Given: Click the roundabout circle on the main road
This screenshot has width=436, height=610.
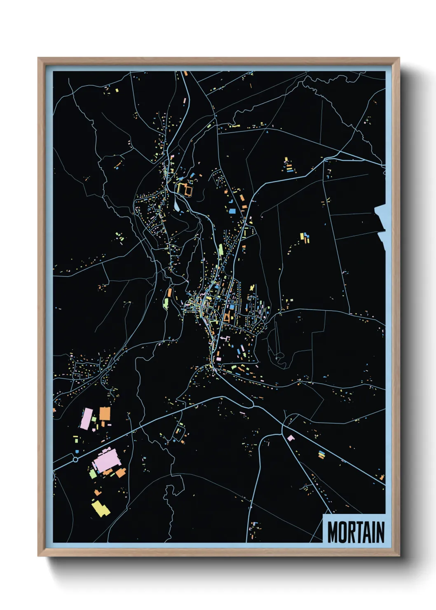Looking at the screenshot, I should [75, 459].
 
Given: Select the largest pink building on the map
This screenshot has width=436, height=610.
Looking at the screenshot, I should [107, 460].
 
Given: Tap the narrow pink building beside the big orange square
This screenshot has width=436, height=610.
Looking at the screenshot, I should [87, 419].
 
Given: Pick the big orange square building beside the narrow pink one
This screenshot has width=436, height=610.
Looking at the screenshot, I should [105, 413].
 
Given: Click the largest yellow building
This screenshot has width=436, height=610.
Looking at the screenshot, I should [100, 508].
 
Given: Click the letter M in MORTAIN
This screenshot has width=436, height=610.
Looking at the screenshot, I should [334, 533].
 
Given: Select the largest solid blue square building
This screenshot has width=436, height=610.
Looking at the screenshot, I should [232, 211].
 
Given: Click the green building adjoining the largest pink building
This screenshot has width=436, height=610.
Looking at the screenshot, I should [93, 474].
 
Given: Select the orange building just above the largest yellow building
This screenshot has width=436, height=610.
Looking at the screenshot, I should [97, 492].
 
